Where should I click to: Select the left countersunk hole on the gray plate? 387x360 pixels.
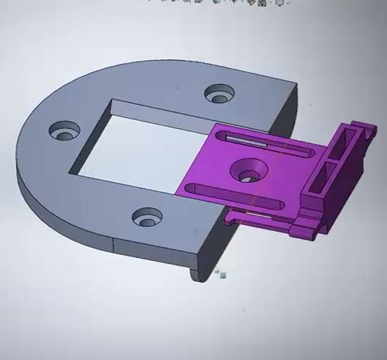(65, 132)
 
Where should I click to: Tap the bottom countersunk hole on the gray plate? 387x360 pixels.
(147, 218)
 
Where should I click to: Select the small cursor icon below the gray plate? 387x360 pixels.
(222, 274)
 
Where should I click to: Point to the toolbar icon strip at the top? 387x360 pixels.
(217, 2)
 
